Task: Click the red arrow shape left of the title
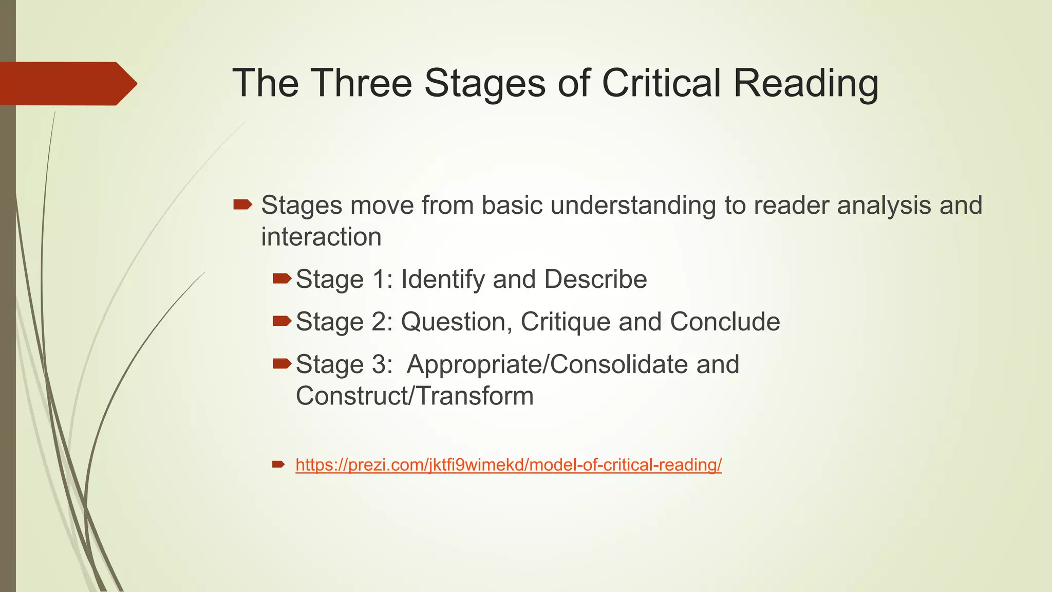[x=67, y=84]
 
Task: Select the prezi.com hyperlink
[x=509, y=465]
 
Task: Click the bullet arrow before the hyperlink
[x=278, y=465]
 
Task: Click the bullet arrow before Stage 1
[x=282, y=279]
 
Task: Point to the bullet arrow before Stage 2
[x=282, y=322]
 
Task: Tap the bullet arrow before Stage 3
[x=282, y=364]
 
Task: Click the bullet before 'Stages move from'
[x=242, y=205]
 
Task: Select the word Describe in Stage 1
[x=595, y=280]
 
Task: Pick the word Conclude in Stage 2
[x=725, y=322]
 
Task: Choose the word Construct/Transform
[x=415, y=396]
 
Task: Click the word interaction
[x=321, y=237]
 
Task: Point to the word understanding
[x=633, y=206]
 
